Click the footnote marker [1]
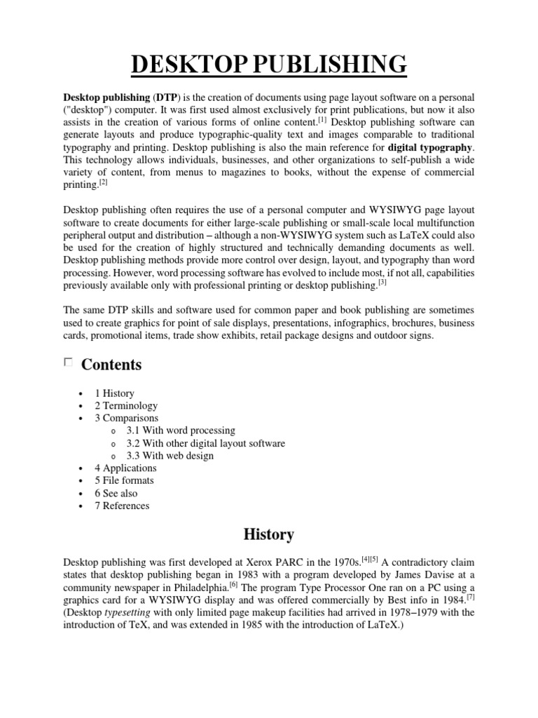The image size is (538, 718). (324, 119)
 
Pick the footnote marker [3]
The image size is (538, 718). (382, 282)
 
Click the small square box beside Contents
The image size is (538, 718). (68, 363)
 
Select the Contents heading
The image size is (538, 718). (111, 365)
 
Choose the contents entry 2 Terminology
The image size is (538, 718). (126, 405)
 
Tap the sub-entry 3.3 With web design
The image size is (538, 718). (170, 456)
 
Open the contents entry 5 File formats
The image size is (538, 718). (124, 480)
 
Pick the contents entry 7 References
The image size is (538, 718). (122, 506)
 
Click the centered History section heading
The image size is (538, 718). (268, 534)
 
